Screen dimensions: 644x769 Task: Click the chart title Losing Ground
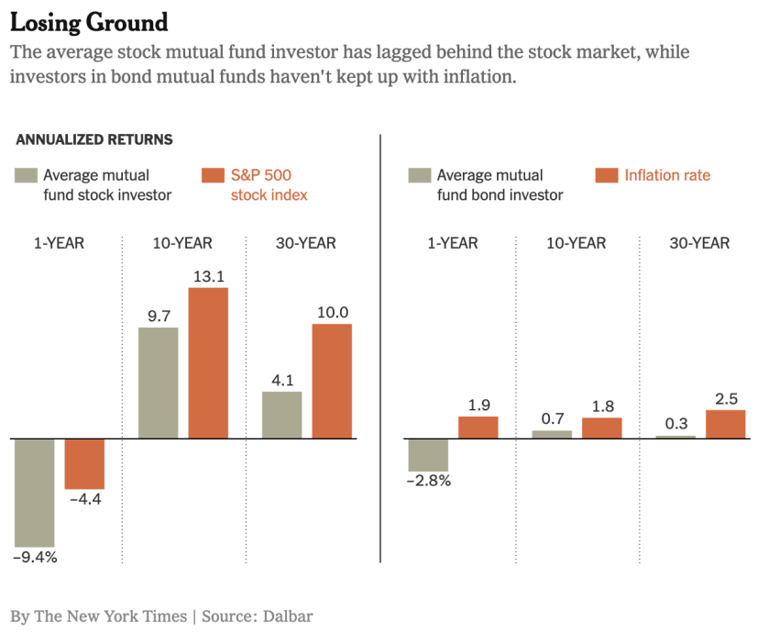point(89,22)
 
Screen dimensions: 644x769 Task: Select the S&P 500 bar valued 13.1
point(208,362)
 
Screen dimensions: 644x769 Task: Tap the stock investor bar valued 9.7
point(158,383)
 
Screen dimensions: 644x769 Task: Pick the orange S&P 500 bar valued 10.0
point(332,381)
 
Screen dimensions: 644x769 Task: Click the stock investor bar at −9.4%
point(34,493)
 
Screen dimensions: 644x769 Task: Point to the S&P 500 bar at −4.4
point(84,463)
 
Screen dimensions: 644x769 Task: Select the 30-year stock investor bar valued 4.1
point(281,415)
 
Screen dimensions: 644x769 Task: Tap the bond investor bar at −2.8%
point(428,455)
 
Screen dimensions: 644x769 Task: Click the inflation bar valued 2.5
point(725,424)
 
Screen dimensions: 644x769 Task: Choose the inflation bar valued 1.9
point(478,427)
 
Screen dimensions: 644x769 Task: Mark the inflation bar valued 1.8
point(602,427)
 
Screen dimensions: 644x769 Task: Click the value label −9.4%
point(35,557)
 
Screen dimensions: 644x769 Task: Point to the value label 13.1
point(208,275)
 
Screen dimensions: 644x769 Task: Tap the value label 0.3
point(676,423)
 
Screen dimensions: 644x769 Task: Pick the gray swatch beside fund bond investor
point(418,174)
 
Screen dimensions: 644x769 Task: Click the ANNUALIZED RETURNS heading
point(94,140)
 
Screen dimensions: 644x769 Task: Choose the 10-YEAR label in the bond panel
point(577,243)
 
